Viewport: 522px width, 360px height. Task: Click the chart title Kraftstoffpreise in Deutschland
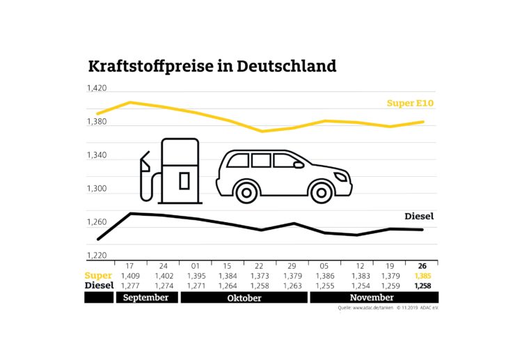point(212,67)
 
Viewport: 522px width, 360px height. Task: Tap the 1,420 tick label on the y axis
point(96,89)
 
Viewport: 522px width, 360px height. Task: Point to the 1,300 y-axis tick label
point(96,189)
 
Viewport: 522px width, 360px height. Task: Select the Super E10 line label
point(410,104)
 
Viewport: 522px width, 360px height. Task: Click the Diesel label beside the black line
point(419,217)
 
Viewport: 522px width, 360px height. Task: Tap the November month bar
point(373,297)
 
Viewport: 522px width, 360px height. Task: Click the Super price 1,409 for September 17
point(129,276)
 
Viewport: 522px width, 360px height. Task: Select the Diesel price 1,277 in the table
point(129,286)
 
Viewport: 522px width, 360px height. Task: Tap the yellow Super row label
point(98,276)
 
